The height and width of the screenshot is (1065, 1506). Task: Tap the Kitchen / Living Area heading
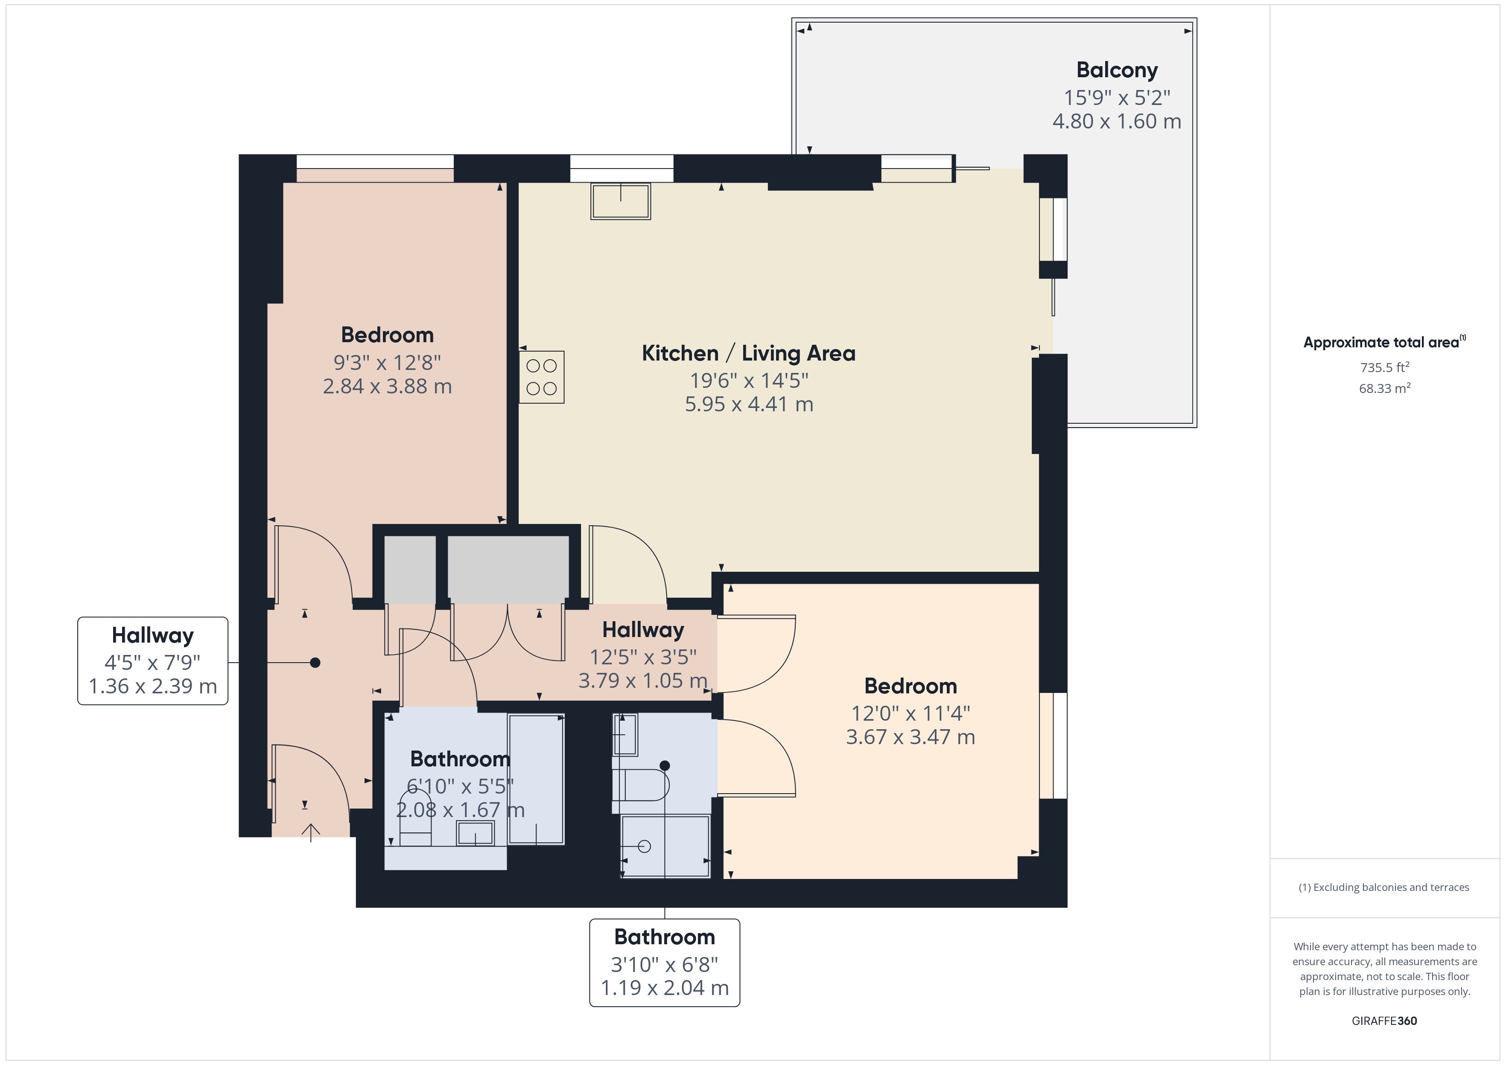(x=748, y=353)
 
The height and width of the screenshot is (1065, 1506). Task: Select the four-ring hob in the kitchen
(x=542, y=377)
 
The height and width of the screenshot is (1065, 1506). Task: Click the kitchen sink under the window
(x=621, y=201)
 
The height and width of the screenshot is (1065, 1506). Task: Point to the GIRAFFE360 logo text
(x=1384, y=1021)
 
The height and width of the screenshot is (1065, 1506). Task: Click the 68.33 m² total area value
(x=1384, y=388)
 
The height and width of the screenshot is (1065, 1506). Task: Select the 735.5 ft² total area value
(x=1384, y=367)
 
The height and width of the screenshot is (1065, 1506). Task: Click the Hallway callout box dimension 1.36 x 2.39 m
(x=153, y=686)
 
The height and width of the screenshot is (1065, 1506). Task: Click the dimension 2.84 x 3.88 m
(x=387, y=386)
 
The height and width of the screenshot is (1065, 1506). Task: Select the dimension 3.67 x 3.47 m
(x=911, y=737)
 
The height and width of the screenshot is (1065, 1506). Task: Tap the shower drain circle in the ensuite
(x=644, y=846)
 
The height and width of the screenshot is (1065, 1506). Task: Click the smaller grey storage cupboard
(x=410, y=569)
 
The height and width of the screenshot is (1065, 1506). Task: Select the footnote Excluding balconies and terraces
(x=1384, y=887)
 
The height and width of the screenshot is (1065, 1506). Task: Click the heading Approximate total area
(x=1381, y=342)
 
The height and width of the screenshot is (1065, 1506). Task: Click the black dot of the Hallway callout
(x=315, y=662)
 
